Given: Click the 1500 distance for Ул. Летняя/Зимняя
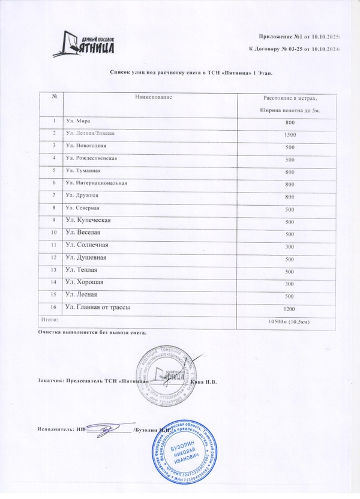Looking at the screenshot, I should (x=290, y=134).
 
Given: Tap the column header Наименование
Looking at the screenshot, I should (x=154, y=97).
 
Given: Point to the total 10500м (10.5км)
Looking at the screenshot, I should (x=290, y=321).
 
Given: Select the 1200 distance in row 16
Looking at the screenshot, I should (x=290, y=308).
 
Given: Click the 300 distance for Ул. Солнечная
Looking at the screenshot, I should (x=290, y=246).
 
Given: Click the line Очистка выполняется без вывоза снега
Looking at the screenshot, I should (x=92, y=332).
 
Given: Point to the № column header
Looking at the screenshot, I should (x=54, y=97).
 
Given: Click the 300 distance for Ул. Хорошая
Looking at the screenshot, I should (x=290, y=283).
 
